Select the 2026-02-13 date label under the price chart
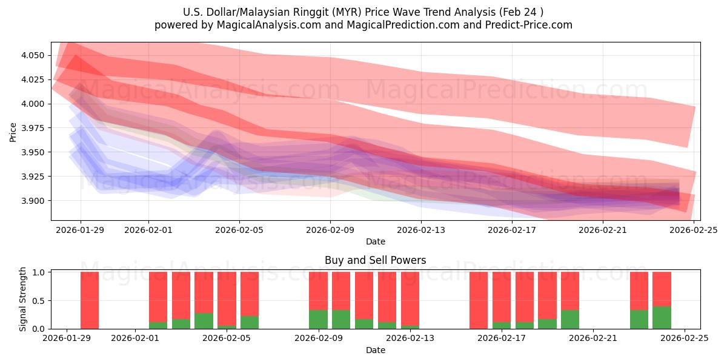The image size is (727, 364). (x=421, y=230)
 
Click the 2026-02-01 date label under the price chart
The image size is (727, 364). (x=148, y=230)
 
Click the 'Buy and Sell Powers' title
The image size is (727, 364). (x=375, y=260)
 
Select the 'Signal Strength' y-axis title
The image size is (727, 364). (x=24, y=300)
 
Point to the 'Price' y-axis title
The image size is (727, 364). (x=13, y=132)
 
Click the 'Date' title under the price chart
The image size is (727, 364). (x=375, y=241)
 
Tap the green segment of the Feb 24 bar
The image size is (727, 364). (x=662, y=318)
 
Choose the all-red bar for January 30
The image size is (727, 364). (x=90, y=300)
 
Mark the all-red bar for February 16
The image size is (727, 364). (x=479, y=300)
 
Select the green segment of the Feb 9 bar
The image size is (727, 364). (x=318, y=320)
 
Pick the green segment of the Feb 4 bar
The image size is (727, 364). (x=204, y=321)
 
